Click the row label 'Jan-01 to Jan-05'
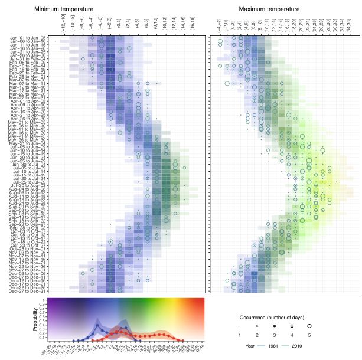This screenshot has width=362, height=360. tap(30, 38)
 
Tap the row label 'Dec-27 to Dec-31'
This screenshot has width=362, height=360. tap(30, 290)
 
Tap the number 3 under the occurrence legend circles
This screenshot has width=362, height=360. tap(275, 335)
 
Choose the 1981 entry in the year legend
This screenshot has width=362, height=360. tap(268, 345)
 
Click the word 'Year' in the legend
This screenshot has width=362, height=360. tap(250, 345)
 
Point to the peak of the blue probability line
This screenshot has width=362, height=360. tap(97, 323)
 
